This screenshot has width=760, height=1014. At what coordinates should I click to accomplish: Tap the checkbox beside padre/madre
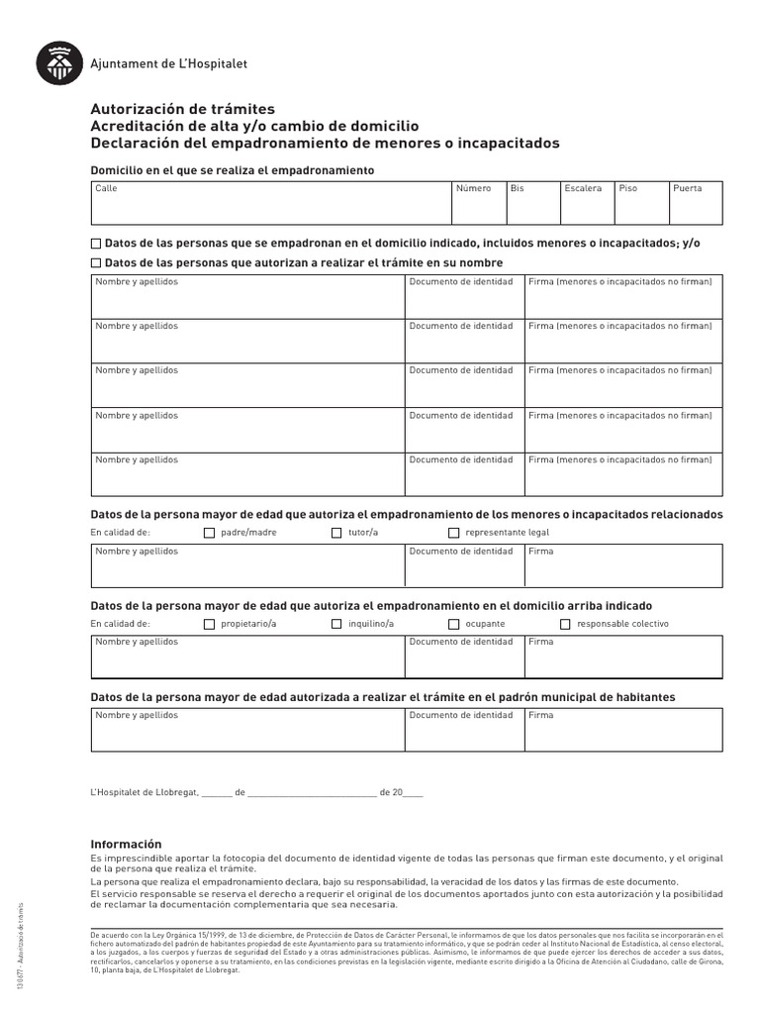point(209,533)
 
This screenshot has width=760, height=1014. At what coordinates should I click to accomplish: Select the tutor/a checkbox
point(336,533)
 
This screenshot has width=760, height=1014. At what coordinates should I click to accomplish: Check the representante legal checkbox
point(454,533)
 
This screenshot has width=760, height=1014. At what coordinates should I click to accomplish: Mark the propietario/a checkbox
point(209,624)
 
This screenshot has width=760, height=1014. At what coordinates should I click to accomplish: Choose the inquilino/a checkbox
point(336,624)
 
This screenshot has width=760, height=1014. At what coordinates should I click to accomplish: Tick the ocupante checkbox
point(454,624)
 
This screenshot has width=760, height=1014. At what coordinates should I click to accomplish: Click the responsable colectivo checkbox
point(566,624)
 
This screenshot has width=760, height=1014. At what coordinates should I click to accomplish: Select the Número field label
point(473,188)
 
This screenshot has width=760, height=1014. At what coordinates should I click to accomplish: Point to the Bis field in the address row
point(531,202)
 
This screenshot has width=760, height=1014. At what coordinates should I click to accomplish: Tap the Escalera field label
point(583,188)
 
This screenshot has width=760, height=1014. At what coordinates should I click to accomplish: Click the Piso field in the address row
point(639,202)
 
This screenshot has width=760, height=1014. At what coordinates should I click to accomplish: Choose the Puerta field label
point(687,188)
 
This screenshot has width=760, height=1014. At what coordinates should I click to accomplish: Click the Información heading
point(126,844)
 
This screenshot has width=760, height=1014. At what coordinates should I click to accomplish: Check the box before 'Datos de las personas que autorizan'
point(96,263)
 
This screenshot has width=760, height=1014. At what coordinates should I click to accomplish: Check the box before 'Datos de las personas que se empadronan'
point(96,244)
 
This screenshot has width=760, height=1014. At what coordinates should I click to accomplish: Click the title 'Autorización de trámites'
point(183,109)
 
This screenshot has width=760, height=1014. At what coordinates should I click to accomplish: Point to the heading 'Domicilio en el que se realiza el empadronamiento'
point(233,170)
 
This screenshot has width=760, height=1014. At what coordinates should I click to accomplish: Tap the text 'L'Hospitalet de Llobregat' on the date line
point(144,792)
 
